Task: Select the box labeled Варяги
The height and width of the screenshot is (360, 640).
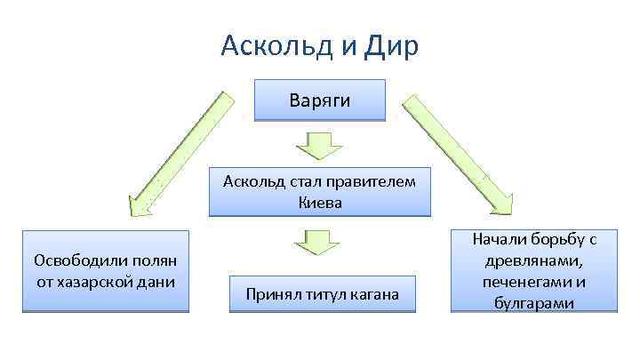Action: pyautogui.click(x=320, y=100)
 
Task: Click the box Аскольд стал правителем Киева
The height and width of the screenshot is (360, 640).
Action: pyautogui.click(x=320, y=192)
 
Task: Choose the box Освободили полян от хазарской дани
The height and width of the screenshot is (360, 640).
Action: pyautogui.click(x=106, y=271)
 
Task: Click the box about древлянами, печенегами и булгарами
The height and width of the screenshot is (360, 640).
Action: pyautogui.click(x=533, y=271)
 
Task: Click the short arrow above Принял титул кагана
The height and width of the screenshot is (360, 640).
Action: pyautogui.click(x=314, y=243)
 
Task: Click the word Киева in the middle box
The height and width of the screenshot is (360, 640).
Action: pyautogui.click(x=320, y=202)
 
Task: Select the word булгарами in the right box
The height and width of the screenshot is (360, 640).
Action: pyautogui.click(x=533, y=303)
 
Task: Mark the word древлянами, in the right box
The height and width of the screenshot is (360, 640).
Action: pyautogui.click(x=533, y=260)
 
